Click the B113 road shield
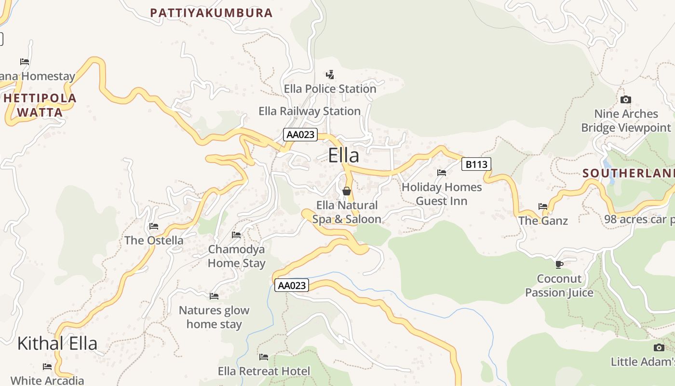pos(476,165)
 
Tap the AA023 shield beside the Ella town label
pos(300,135)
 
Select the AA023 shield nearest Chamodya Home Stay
pos(292,285)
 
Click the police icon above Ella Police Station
pos(330,75)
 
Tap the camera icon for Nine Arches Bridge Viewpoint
pos(625,100)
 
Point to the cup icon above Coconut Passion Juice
pos(559,264)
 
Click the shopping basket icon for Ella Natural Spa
pos(346,192)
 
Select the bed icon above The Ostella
pos(154,226)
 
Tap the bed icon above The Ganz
pos(543,207)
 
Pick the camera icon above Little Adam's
pos(659,347)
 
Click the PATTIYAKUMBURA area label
pos(211,13)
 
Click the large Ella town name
pos(343,156)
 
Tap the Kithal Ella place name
pos(57,344)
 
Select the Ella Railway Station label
pos(310,111)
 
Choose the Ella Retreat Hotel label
pos(264,371)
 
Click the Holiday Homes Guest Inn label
pos(442,193)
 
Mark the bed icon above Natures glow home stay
pos(214,296)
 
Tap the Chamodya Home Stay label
pos(236,256)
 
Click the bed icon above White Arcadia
pos(47,367)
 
